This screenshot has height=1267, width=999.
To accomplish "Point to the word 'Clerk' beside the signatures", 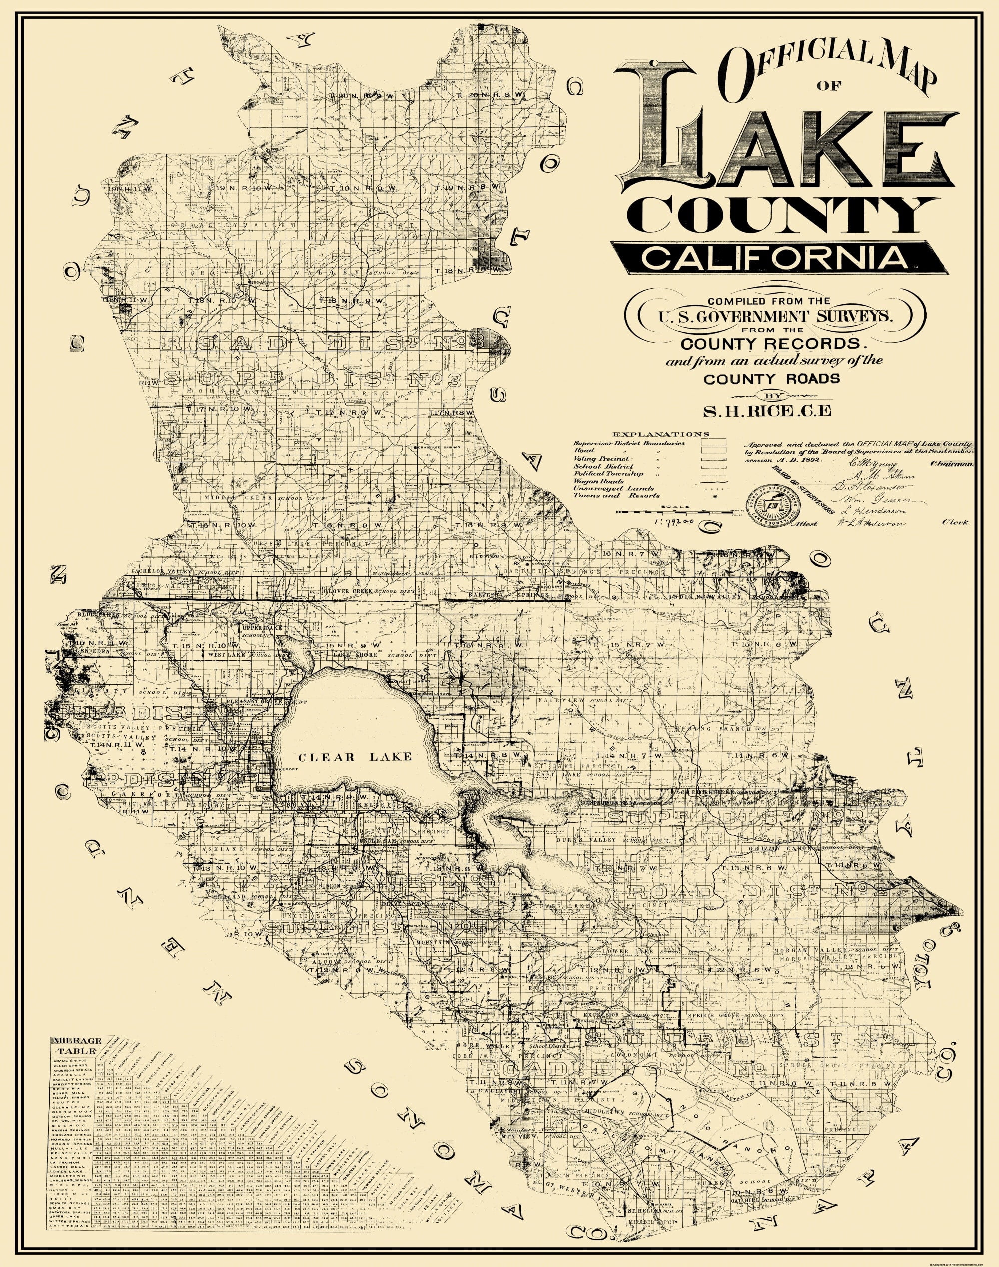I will pos(954,523).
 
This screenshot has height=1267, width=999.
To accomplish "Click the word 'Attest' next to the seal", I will pos(804,524).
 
